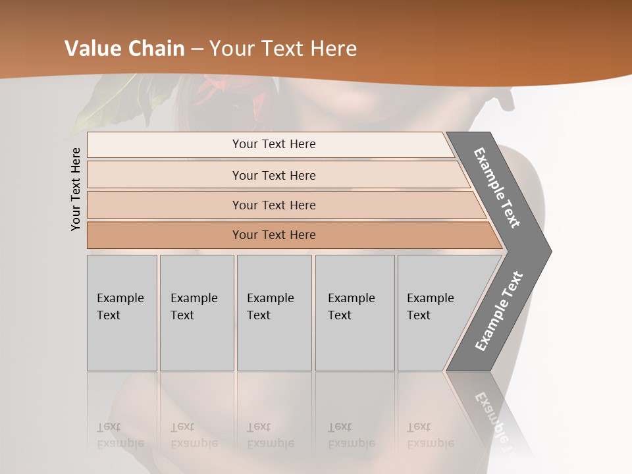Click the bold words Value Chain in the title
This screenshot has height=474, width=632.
pos(124,48)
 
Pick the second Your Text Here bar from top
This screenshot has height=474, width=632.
pos(273,175)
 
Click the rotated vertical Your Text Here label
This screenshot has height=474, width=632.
pos(76,189)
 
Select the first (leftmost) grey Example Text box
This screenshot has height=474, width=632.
pos(122,313)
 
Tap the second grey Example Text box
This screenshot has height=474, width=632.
pos(196,313)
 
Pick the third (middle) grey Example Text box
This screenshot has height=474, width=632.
pos(273,313)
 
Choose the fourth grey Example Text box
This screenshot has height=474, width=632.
pos(354,313)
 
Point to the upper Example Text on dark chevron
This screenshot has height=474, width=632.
pos(497,188)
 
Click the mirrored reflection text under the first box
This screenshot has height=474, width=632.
pos(120,435)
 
